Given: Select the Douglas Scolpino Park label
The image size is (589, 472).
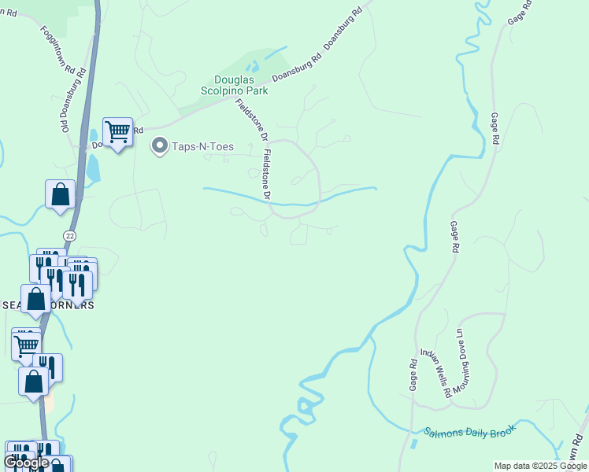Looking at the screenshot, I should [x=242, y=85].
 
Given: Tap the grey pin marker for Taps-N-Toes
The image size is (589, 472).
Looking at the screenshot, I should [x=160, y=146].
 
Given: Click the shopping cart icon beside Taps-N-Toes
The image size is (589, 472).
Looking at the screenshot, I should [x=117, y=132].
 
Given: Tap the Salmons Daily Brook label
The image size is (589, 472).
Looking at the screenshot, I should [x=469, y=432].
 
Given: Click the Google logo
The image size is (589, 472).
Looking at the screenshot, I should [x=26, y=463].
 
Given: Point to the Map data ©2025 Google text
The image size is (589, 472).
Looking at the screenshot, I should [x=540, y=466].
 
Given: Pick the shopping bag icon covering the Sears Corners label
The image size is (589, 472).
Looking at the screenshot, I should [x=36, y=299].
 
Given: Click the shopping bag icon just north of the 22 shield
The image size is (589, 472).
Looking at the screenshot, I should [x=61, y=194].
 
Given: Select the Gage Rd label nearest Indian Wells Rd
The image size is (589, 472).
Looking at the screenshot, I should [x=413, y=375].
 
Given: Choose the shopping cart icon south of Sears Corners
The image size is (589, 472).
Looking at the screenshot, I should [x=27, y=344].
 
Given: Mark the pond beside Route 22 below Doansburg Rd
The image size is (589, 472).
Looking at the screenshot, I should [x=93, y=167].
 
